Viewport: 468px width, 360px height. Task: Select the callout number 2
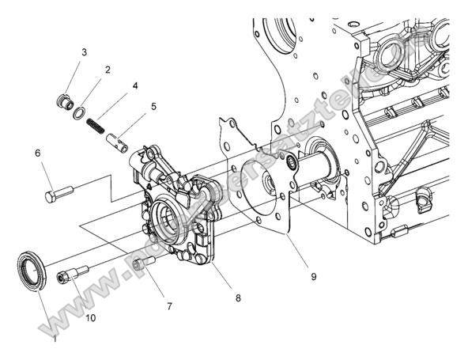(x=108, y=70)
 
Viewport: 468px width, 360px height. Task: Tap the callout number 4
(x=135, y=85)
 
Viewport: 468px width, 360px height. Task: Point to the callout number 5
(x=153, y=105)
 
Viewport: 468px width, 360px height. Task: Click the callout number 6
(x=37, y=152)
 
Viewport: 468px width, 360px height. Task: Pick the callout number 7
(x=169, y=305)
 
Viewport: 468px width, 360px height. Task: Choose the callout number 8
(x=238, y=298)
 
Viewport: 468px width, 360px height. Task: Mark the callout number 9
(x=313, y=276)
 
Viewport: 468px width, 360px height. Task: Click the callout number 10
(x=91, y=318)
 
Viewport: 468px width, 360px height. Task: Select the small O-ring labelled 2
(x=80, y=113)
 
